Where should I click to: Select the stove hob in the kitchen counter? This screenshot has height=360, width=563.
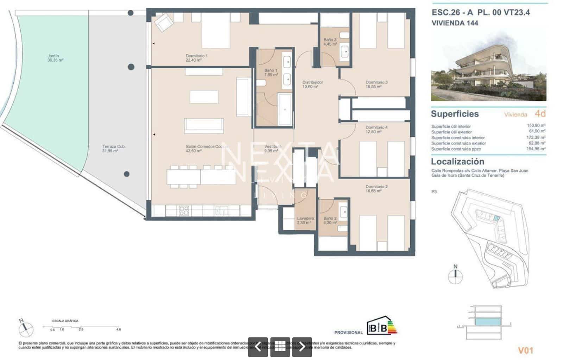pos(184,210)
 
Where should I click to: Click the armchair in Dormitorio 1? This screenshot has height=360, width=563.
pos(164,23)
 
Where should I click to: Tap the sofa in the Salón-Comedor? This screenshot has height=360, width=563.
pos(204,126)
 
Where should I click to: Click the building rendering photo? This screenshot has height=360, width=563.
pos(488,67)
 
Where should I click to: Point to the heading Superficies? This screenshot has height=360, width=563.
pos(455,114)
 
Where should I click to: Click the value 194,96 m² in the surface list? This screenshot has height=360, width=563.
pos(536,149)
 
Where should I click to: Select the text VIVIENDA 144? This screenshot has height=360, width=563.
pos(455,23)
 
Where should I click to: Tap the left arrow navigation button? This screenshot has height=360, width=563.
pos(258,347)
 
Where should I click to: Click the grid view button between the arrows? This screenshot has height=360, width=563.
pos(280,347)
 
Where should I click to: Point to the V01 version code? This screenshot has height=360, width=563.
pos(525,350)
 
